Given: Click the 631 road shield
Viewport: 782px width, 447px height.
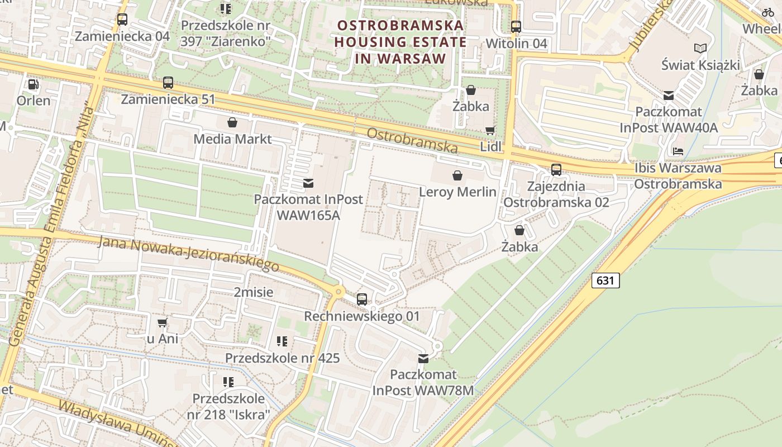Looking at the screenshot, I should (x=605, y=280).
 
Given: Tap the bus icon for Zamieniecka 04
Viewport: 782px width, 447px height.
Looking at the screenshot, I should (x=122, y=20).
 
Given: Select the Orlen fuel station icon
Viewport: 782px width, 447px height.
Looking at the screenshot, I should (x=34, y=84).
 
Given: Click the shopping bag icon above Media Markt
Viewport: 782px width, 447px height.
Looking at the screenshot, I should (x=232, y=122).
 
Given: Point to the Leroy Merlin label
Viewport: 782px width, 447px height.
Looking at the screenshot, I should (x=457, y=192).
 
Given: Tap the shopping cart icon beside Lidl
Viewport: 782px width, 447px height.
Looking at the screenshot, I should (x=490, y=131).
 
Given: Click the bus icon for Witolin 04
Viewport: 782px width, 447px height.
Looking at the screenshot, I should (x=516, y=26).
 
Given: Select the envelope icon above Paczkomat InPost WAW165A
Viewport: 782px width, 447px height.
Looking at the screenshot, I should (x=308, y=183).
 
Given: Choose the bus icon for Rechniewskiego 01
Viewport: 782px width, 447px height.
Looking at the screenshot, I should (x=362, y=299).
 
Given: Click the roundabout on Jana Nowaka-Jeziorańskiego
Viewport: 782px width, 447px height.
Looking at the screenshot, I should (x=338, y=291).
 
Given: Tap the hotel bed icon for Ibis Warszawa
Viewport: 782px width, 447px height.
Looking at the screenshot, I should (x=678, y=151).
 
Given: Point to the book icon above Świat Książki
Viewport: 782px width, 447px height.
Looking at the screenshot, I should (x=700, y=49).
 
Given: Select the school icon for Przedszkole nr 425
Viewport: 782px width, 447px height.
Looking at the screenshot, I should (x=282, y=341).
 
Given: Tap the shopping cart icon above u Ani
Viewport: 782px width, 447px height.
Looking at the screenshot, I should (x=162, y=322).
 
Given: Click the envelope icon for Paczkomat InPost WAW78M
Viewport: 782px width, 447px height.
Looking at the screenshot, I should (x=423, y=358).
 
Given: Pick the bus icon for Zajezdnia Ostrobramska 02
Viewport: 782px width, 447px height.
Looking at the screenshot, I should (x=556, y=170).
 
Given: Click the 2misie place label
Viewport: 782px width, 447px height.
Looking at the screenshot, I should (x=254, y=292).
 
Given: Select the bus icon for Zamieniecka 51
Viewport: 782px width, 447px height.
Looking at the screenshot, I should (x=168, y=83).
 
